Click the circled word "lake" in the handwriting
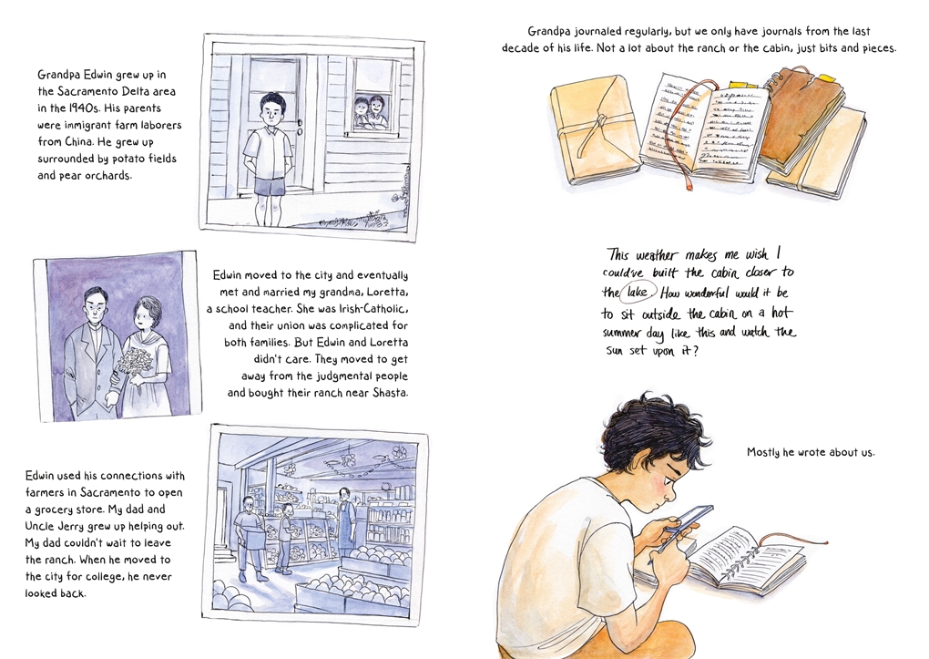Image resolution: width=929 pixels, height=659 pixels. pyautogui.click(x=637, y=293)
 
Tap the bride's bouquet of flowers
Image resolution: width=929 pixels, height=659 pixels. pyautogui.click(x=137, y=361)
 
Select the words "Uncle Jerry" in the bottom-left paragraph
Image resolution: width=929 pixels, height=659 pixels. pyautogui.click(x=52, y=526)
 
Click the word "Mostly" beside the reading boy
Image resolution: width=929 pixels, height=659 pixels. pyautogui.click(x=763, y=452)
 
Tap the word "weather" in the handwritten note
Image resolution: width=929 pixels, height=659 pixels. pyautogui.click(x=655, y=255)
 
